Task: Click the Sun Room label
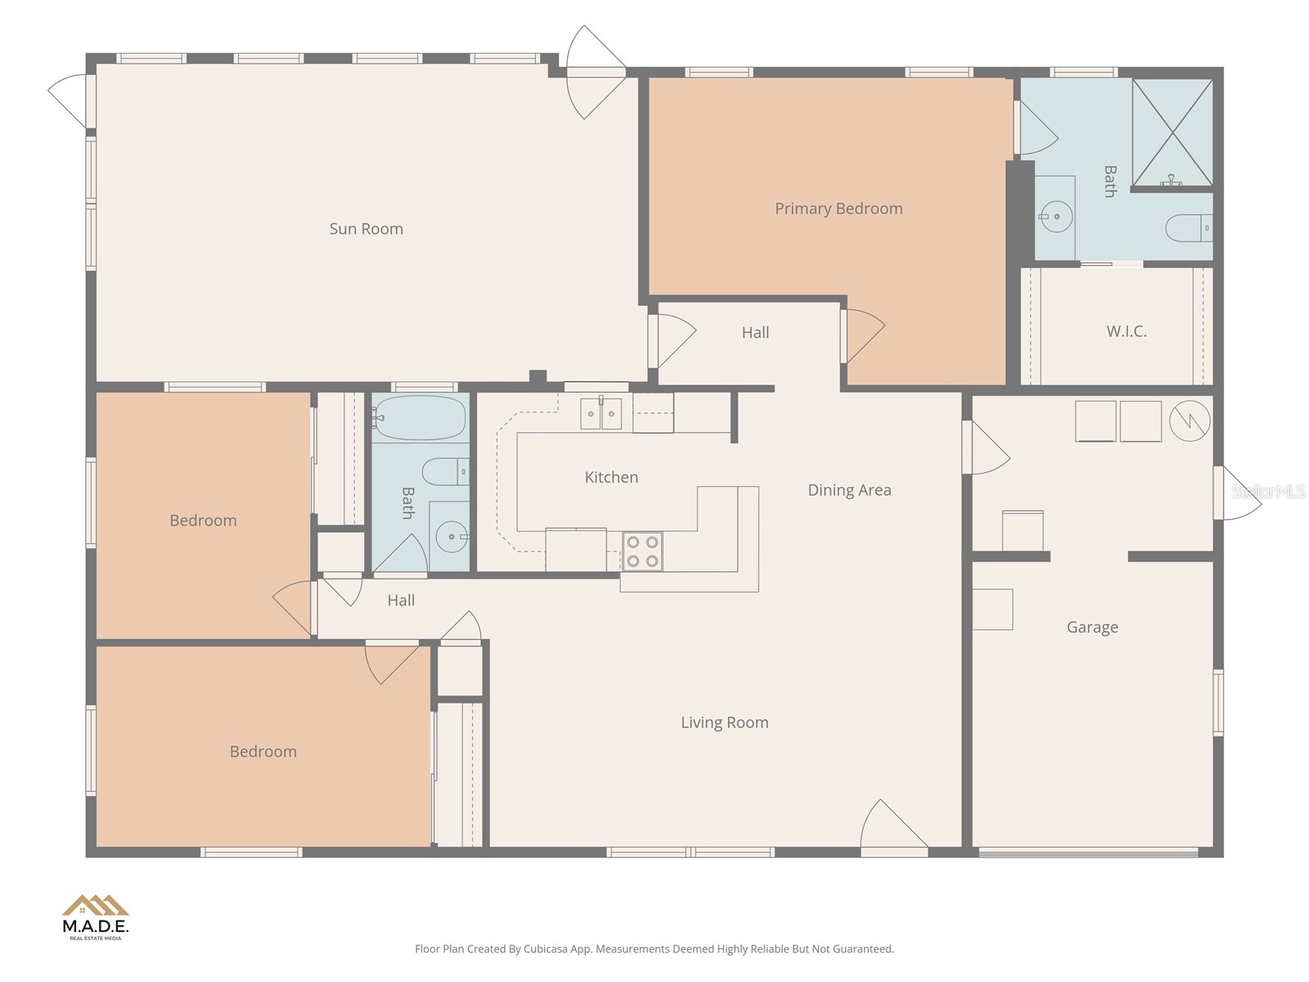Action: click(366, 229)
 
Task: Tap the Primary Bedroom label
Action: click(839, 209)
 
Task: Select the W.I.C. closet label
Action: click(1127, 331)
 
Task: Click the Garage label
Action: click(1092, 628)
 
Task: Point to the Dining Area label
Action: click(849, 490)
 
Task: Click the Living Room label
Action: click(724, 723)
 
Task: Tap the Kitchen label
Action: click(611, 477)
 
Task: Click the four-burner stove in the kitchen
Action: click(642, 552)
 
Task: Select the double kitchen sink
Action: click(601, 413)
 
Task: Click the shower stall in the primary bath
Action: click(1172, 131)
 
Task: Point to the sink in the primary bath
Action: click(1055, 217)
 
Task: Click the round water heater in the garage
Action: click(1189, 421)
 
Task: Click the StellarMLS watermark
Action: click(1268, 491)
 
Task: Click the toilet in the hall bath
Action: click(444, 471)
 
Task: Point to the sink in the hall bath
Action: click(451, 537)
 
